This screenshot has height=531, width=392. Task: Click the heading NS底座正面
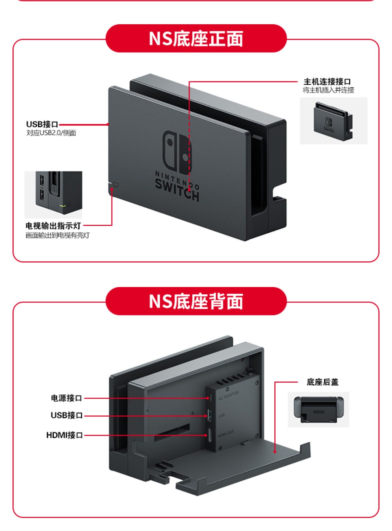pyautogui.click(x=196, y=39)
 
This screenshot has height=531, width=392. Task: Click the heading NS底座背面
pyautogui.click(x=196, y=301)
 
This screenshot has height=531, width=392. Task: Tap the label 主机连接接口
pyautogui.click(x=327, y=82)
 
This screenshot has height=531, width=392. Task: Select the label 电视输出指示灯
pyautogui.click(x=53, y=226)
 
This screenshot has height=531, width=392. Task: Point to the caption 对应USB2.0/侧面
pyautogui.click(x=51, y=133)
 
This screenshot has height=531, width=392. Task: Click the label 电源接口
pyautogui.click(x=66, y=398)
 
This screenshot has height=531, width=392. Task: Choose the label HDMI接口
pyautogui.click(x=64, y=435)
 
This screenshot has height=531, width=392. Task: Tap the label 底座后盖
pyautogui.click(x=322, y=382)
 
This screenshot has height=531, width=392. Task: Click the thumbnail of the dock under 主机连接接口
pyautogui.click(x=333, y=121)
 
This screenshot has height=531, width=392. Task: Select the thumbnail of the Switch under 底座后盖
pyautogui.click(x=318, y=409)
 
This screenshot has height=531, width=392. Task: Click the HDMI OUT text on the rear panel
pyautogui.click(x=226, y=434)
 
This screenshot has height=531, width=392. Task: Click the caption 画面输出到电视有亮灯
pyautogui.click(x=58, y=235)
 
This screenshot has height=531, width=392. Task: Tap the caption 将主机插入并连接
pyautogui.click(x=328, y=90)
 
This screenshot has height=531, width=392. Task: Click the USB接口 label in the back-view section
pyautogui.click(x=66, y=415)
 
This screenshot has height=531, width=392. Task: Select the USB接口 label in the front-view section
pyautogui.click(x=42, y=124)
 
